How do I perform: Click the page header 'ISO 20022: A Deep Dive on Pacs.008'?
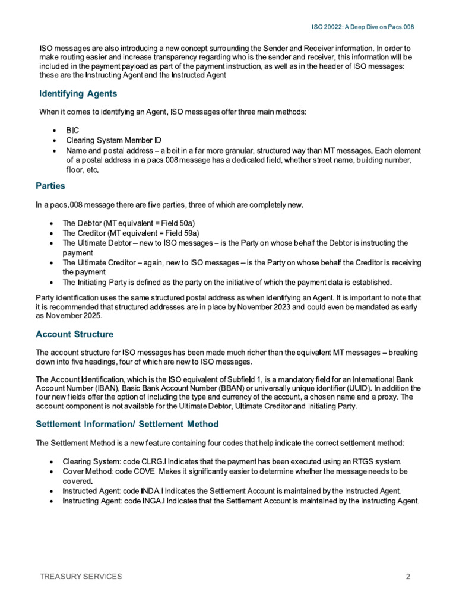click(362, 27)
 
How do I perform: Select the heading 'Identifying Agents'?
click(78, 94)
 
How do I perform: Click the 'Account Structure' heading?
click(74, 334)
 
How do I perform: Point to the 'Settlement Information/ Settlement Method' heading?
click(127, 424)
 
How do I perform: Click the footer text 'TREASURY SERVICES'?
click(81, 577)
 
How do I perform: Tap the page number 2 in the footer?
click(408, 577)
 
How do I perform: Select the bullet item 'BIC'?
click(72, 129)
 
